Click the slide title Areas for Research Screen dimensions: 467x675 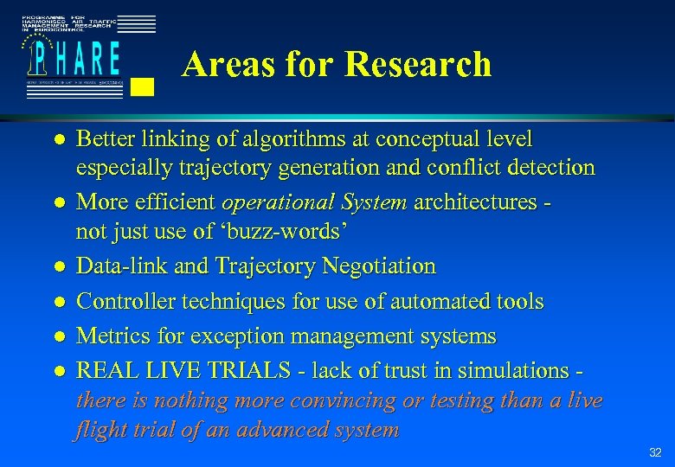tap(337, 65)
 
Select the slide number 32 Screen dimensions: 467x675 tap(655, 452)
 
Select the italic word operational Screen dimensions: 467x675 tap(270, 202)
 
